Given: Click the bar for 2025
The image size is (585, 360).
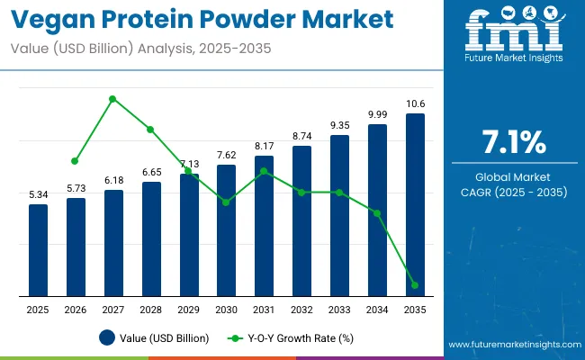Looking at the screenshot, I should click(38, 250).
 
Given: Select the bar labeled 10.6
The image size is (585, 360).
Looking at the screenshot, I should click(415, 205).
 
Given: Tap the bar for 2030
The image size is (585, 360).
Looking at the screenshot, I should click(226, 230).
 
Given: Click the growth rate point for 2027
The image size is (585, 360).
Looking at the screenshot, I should click(112, 99).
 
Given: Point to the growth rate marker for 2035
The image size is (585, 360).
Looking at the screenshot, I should click(415, 285).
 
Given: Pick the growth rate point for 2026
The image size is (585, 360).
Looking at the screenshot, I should click(75, 161).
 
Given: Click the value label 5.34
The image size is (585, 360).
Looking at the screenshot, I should click(38, 195).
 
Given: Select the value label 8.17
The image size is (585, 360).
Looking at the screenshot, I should click(264, 146).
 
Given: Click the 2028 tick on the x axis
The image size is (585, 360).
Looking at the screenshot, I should click(150, 310).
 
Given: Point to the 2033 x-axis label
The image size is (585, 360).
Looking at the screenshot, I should click(339, 310).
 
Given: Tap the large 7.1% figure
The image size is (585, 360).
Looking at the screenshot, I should click(513, 142).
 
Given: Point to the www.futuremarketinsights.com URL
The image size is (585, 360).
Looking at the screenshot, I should click(512, 346).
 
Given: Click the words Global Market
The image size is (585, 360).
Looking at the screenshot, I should click(513, 176).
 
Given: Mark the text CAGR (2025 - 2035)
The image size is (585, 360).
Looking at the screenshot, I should click(513, 191).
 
